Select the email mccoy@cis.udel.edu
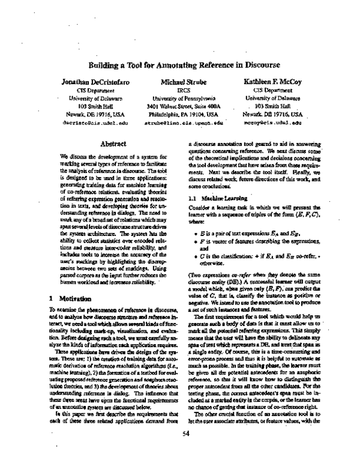271,121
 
